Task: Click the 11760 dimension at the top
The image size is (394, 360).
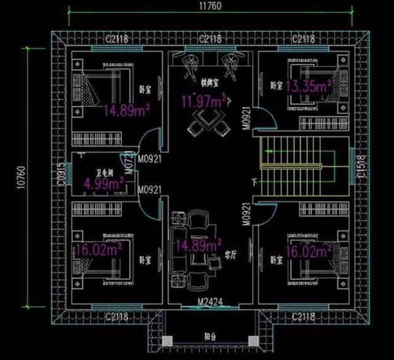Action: coord(211,7)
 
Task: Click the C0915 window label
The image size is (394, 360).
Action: coord(62,174)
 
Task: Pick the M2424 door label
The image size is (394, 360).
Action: coord(209,302)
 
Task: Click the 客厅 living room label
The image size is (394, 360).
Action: coord(230,254)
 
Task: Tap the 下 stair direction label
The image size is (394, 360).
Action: coord(254,183)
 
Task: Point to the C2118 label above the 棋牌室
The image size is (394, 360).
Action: coord(211,39)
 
